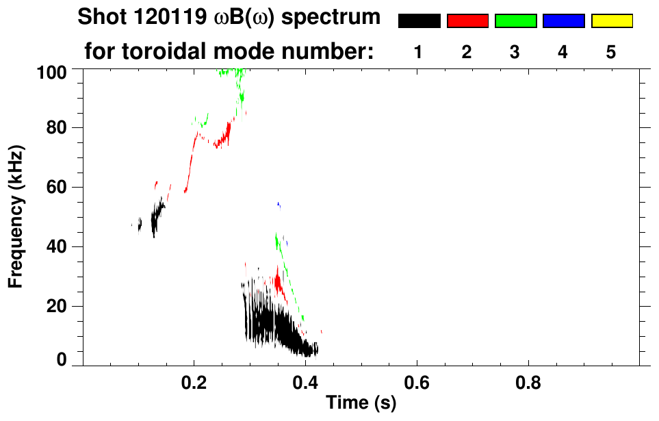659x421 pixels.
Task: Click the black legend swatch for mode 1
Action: pyautogui.click(x=419, y=21)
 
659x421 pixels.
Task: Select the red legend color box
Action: pyautogui.click(x=467, y=21)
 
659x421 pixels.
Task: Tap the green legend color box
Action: pyautogui.click(x=515, y=21)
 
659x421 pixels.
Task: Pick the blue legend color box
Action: pyautogui.click(x=563, y=21)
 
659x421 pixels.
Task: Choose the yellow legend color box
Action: pyautogui.click(x=611, y=21)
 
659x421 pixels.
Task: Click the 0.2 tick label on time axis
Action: pyautogui.click(x=194, y=384)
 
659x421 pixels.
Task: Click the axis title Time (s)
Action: pyautogui.click(x=360, y=403)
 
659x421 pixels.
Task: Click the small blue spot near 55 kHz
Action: pyautogui.click(x=279, y=204)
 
